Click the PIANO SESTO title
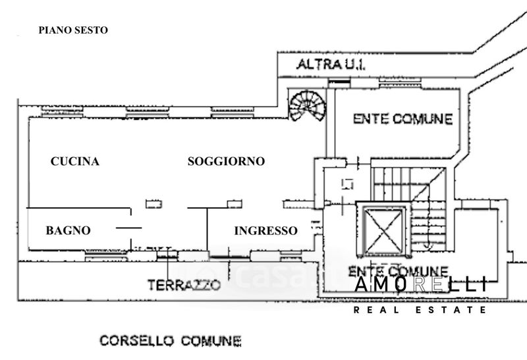click(73, 30)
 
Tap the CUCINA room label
click(75, 162)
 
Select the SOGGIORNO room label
click(226, 161)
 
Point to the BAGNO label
click(68, 230)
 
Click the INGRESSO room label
click(265, 230)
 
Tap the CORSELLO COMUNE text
click(170, 340)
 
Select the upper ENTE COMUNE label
click(402, 119)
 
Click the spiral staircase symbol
click(307, 107)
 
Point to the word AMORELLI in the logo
click(422, 284)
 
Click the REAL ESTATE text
click(420, 309)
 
